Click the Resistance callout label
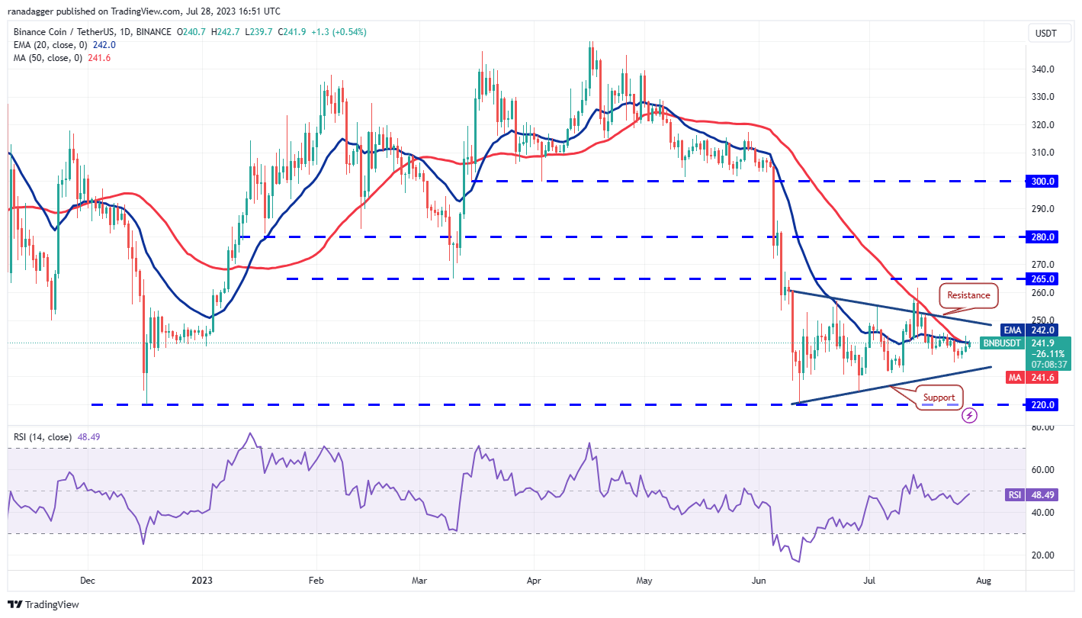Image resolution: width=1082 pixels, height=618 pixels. (968, 295)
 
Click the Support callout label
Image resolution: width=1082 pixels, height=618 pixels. (939, 398)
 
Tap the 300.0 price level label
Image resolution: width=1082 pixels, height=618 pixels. (1042, 182)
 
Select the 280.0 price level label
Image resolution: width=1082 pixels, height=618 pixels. (1042, 237)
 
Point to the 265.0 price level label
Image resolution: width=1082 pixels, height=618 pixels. (1042, 279)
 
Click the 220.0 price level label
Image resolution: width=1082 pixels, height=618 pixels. (1042, 404)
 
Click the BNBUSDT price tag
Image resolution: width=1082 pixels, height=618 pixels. (1000, 343)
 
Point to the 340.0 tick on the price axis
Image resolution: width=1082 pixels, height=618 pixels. (1042, 69)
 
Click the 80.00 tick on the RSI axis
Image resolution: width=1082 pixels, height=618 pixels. (1042, 427)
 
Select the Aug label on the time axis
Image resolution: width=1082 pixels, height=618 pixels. (984, 580)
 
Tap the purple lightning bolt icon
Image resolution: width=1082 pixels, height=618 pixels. (969, 416)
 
